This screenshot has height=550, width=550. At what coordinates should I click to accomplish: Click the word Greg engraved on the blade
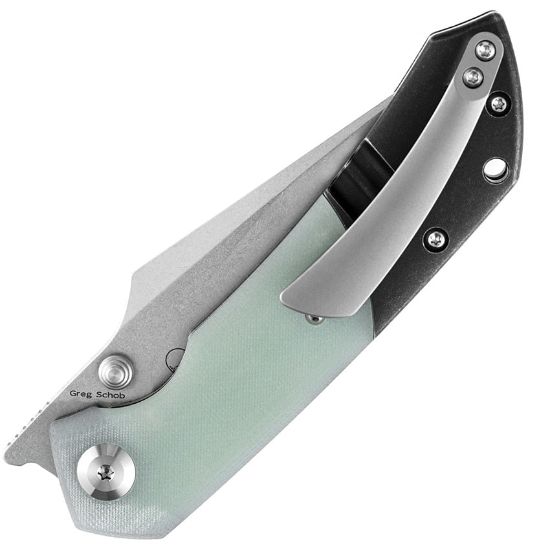coord(81,393)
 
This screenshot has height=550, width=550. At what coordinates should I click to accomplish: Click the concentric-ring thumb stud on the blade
coord(115,372)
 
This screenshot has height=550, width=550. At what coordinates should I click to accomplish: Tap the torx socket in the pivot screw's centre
coord(106,473)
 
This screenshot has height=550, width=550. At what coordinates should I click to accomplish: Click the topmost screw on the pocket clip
coord(486,50)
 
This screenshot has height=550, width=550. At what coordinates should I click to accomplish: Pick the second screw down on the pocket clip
coord(472,76)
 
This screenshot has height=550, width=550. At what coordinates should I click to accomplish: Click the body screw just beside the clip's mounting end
coord(499,103)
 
